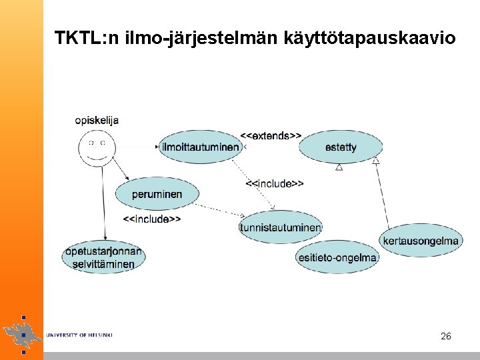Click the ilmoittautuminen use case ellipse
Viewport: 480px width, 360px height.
tap(201, 147)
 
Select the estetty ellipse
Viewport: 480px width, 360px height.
tap(341, 147)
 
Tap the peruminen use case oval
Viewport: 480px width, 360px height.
tap(157, 194)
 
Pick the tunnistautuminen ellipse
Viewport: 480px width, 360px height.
tap(281, 227)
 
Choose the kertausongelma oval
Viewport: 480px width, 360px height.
tap(421, 241)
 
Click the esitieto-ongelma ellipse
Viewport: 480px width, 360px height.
tap(337, 257)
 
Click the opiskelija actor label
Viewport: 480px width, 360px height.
tap(97, 120)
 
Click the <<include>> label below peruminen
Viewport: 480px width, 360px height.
tap(152, 218)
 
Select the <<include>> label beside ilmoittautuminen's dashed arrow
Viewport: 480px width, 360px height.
tap(275, 183)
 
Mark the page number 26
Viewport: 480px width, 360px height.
tap(446, 336)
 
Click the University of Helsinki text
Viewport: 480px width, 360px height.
tap(79, 335)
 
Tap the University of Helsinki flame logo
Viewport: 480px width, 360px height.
tap(22, 331)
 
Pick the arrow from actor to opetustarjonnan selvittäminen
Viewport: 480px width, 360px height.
tap(103, 207)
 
